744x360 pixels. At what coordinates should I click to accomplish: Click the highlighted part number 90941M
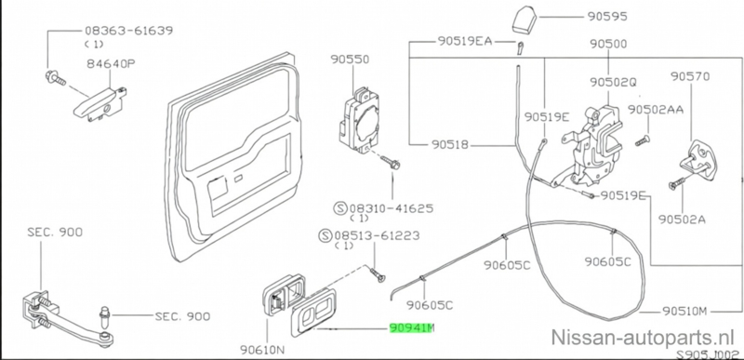(x=411, y=327)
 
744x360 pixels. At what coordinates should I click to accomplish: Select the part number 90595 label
(x=607, y=17)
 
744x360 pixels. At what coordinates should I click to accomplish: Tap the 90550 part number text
(x=350, y=60)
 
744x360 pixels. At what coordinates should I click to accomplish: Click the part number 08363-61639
(x=128, y=31)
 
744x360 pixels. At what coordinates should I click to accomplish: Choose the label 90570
(x=690, y=76)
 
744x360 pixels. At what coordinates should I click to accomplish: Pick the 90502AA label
(x=656, y=110)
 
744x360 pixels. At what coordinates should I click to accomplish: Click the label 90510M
(x=684, y=311)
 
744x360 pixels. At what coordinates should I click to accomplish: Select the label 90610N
(x=262, y=350)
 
